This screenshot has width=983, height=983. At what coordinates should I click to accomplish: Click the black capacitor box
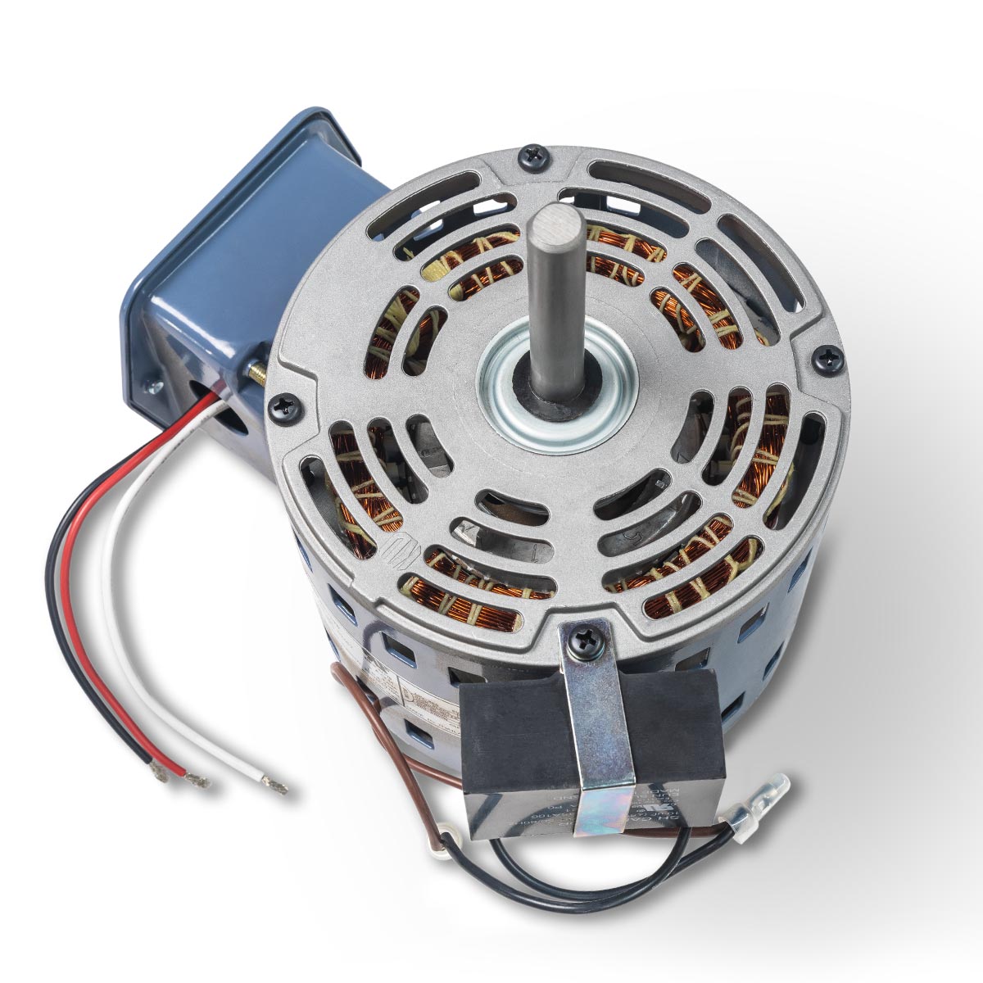pyautogui.click(x=524, y=737)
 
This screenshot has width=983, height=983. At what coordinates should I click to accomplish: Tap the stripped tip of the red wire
pyautogui.click(x=197, y=780)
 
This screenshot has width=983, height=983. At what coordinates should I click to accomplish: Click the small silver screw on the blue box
pyautogui.click(x=150, y=383)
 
